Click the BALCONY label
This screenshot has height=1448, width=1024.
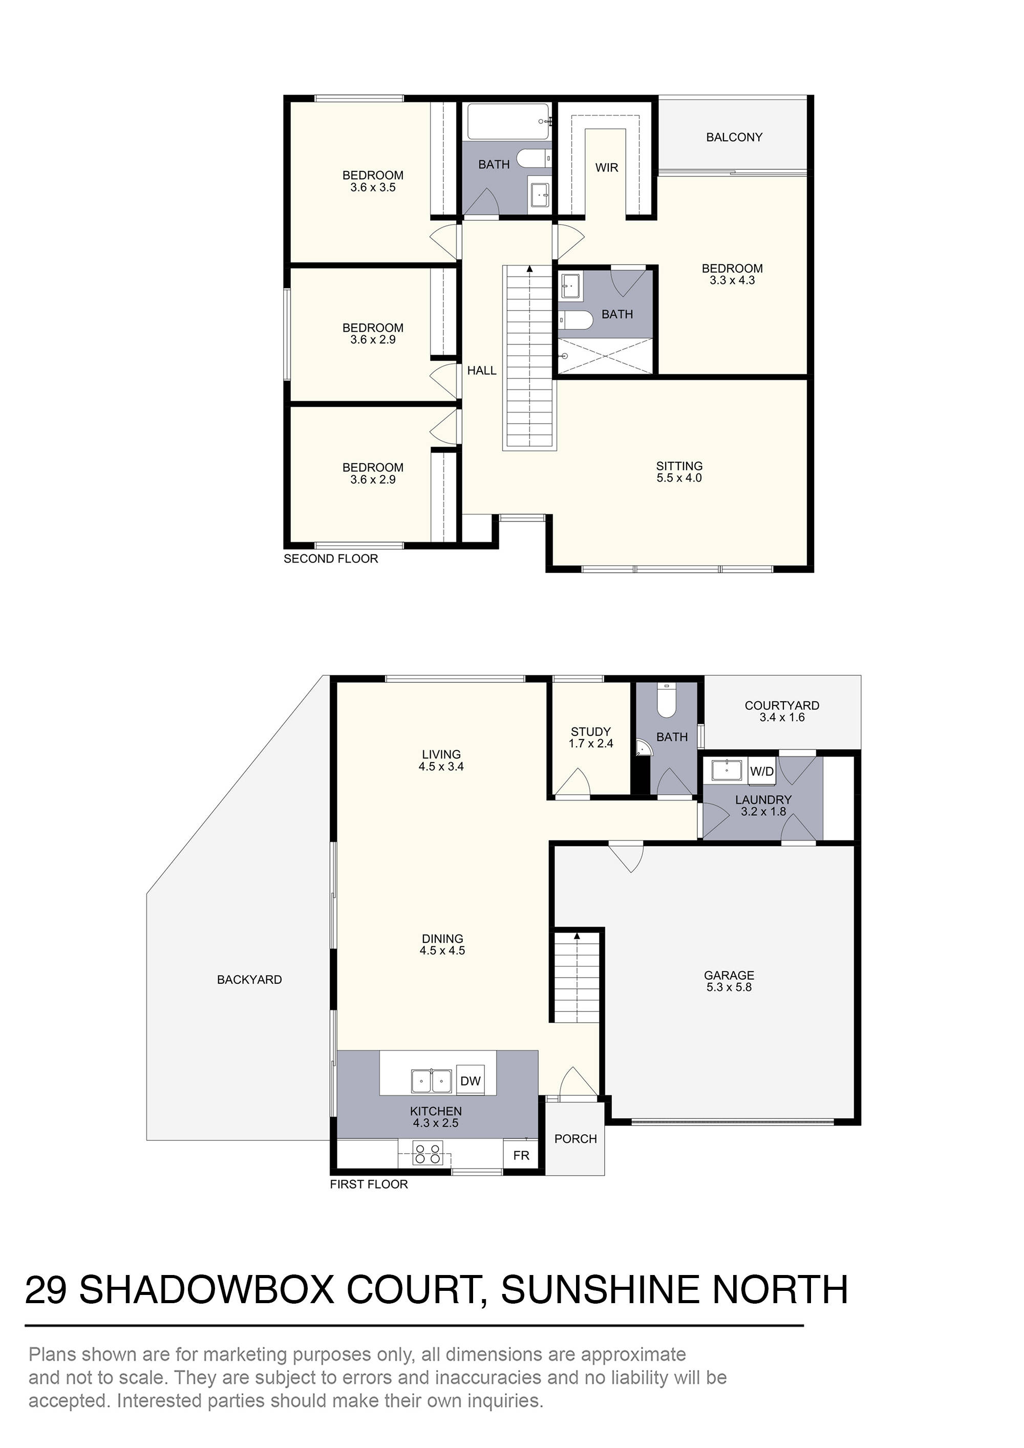point(734,138)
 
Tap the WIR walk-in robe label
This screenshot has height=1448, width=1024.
point(606,168)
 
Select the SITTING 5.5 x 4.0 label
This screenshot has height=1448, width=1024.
point(679,472)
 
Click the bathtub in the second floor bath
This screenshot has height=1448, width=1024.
point(508,121)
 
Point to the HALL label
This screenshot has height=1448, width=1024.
point(481,371)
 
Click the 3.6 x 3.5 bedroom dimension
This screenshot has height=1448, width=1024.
point(373,188)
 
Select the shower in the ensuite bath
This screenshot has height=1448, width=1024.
point(605,356)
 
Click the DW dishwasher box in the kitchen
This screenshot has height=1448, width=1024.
point(470,1081)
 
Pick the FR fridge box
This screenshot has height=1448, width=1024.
point(521,1155)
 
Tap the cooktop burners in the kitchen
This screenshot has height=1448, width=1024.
point(426,1154)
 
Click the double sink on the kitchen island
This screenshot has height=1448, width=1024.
point(431,1081)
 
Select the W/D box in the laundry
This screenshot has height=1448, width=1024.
point(761,771)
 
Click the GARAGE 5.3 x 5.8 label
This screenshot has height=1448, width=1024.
point(729,981)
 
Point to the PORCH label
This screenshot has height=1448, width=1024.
point(575,1139)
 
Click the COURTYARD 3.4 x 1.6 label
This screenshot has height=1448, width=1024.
point(782,711)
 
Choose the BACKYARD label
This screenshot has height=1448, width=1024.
point(249,980)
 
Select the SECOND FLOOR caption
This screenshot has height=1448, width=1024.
point(331,559)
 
